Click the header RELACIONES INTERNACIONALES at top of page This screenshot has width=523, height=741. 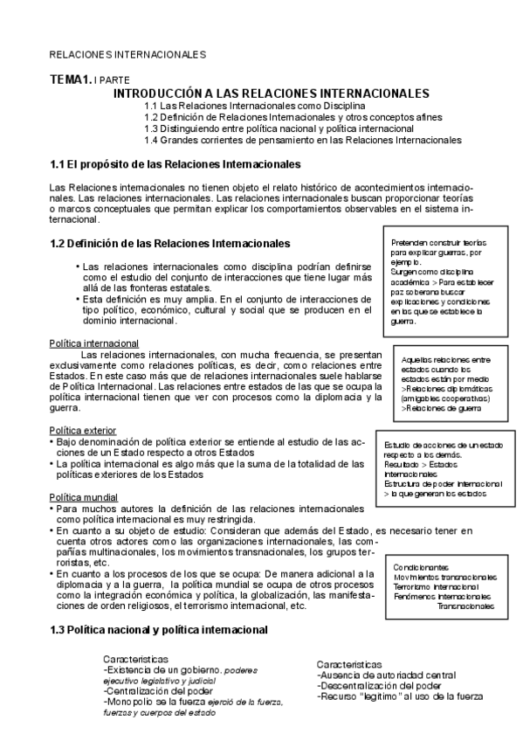coord(127,54)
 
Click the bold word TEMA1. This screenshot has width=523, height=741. coord(71,80)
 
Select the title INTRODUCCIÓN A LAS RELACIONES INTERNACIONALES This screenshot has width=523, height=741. coord(272,93)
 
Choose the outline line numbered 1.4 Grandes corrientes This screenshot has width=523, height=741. coord(303,139)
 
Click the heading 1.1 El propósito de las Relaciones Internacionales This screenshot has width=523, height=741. coord(175,164)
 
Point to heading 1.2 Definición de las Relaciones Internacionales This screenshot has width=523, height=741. coord(170,242)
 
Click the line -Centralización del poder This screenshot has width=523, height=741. coord(157,690)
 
